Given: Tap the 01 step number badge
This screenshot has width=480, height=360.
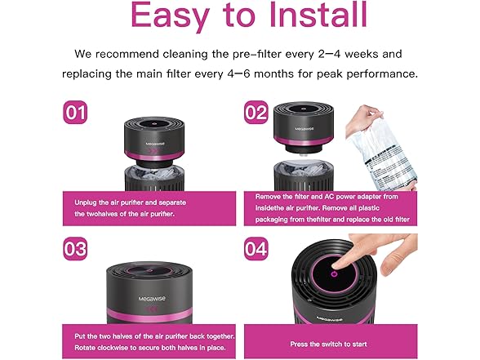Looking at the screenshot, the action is pos(75,113).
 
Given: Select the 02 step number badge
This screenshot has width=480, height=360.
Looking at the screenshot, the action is pos(256,113).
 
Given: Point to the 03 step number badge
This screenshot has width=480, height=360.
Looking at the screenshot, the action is pos(75,248).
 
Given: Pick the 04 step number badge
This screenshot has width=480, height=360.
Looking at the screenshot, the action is pos(256,248).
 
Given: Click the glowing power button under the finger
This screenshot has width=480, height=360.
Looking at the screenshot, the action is pos(335,273).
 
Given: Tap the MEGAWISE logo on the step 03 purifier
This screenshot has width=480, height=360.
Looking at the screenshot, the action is pos(152,299).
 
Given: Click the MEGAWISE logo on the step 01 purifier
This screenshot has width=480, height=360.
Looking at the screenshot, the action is pos(155,143).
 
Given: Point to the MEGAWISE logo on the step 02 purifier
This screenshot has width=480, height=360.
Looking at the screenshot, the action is pos(304,129).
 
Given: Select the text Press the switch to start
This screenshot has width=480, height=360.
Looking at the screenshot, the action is pos(328,344).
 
